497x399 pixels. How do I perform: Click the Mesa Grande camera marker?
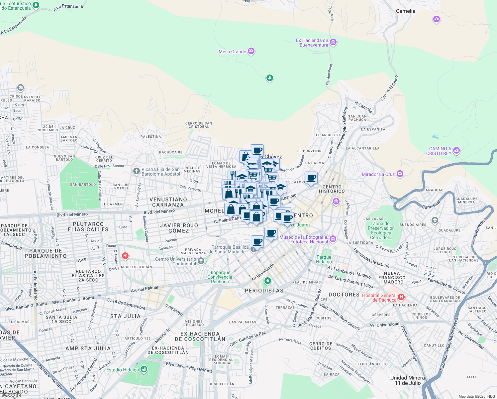(x=251, y=51)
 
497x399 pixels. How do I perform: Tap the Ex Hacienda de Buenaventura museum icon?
(x=333, y=42)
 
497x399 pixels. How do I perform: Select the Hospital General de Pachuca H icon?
(x=401, y=297)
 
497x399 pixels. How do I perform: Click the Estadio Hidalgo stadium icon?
(x=144, y=369)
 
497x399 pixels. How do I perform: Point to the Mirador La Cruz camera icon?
(x=400, y=174)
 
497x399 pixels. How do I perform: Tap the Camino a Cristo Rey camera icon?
(x=456, y=150)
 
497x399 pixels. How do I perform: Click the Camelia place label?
(x=405, y=11)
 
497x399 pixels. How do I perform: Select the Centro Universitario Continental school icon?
(x=201, y=261)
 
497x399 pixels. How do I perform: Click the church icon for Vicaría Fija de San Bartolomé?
(x=136, y=171)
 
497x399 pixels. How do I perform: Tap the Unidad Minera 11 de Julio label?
(x=407, y=380)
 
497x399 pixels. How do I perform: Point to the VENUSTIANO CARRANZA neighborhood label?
(x=168, y=202)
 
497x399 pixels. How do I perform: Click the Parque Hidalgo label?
(x=324, y=259)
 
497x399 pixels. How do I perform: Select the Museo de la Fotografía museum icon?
(x=333, y=239)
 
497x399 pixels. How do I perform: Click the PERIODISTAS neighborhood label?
(x=264, y=291)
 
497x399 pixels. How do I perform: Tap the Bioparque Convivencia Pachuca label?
(x=220, y=277)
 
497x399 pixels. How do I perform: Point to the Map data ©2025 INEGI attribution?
(x=477, y=396)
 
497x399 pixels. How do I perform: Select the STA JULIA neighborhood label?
(x=125, y=316)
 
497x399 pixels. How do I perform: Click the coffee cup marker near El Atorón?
(x=311, y=178)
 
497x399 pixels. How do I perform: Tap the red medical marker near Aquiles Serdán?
(x=125, y=256)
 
